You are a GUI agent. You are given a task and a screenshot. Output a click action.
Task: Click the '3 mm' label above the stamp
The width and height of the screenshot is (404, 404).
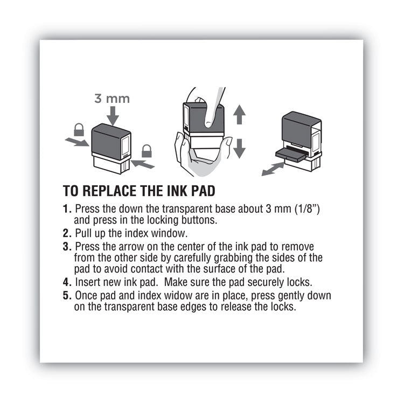tap(113, 99)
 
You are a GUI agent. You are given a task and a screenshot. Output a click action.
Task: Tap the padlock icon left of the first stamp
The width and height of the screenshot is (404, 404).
tap(79, 130)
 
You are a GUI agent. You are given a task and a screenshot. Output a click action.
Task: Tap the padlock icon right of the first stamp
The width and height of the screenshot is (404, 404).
tap(146, 151)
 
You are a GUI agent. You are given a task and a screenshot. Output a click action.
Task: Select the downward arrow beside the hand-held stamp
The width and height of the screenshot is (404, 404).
tap(240, 147)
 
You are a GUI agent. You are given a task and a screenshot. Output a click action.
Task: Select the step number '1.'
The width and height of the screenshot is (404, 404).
tap(67, 208)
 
